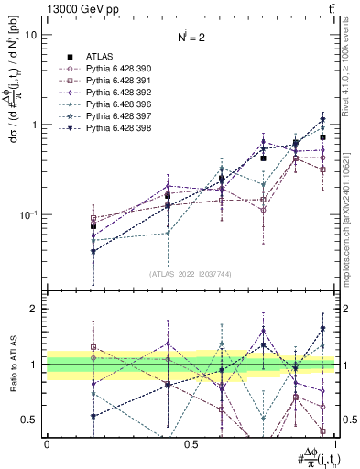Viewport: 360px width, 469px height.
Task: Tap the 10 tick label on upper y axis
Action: (31, 35)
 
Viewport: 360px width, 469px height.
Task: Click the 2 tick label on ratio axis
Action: (33, 309)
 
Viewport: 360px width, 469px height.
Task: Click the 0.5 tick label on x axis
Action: (191, 443)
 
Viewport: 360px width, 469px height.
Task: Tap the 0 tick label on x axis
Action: (47, 443)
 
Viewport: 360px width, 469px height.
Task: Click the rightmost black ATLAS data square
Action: (322, 137)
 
